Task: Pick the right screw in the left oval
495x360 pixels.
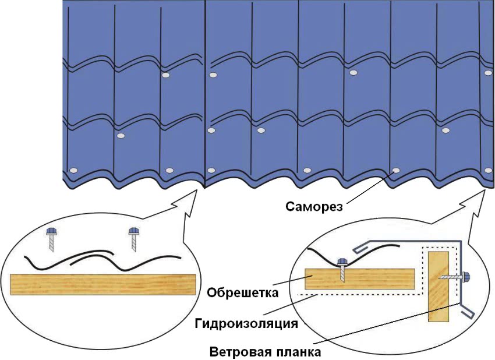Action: [133, 238]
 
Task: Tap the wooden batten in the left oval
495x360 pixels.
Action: [102, 284]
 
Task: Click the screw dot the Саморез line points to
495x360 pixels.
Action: [396, 171]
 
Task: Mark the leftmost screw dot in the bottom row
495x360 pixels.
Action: [73, 170]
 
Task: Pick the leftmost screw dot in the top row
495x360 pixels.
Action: [165, 76]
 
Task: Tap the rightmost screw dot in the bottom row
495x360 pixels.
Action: [488, 171]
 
